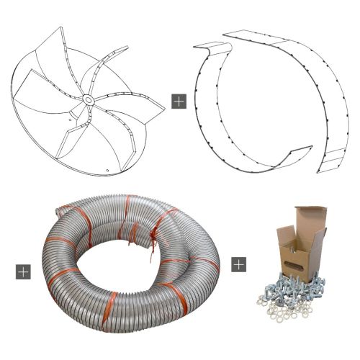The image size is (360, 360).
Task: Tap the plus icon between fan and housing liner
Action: [179, 101]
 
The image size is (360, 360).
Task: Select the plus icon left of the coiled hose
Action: [23, 271]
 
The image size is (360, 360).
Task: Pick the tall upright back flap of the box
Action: [310, 219]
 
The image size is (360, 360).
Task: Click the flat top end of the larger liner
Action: [238, 34]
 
